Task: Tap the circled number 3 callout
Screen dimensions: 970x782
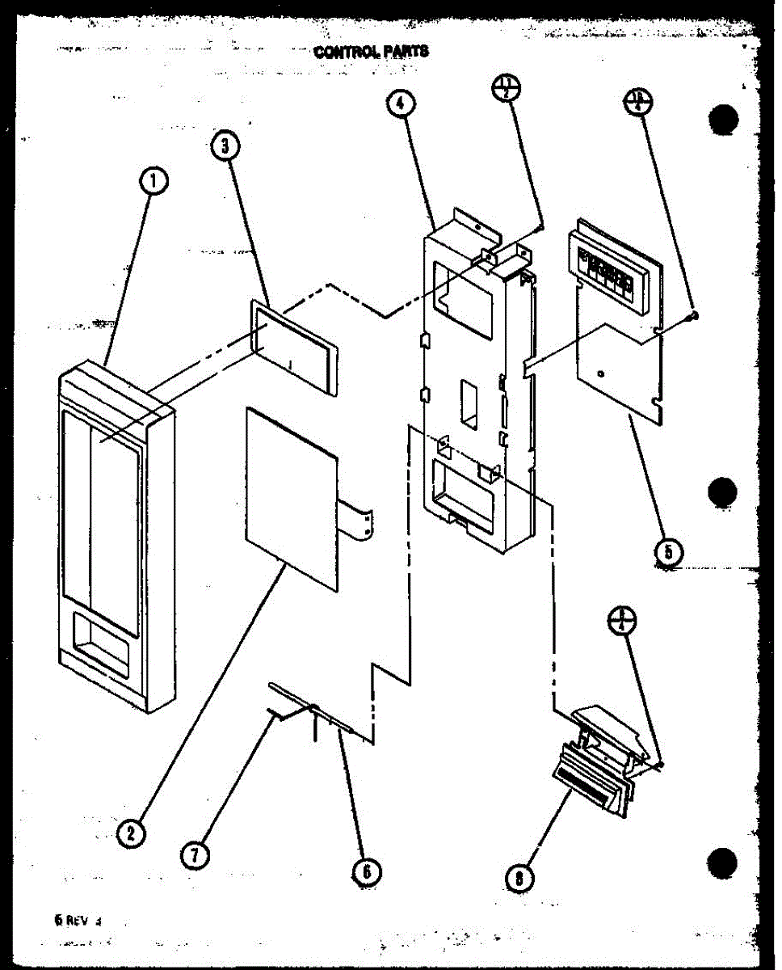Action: coord(226,146)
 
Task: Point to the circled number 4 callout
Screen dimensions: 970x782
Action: coord(402,104)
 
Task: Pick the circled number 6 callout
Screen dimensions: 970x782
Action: coord(366,871)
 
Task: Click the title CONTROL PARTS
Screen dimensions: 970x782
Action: coord(372,52)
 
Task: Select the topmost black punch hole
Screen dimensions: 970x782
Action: coord(723,120)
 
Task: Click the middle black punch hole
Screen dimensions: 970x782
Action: coord(723,491)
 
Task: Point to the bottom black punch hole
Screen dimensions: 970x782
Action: coord(723,863)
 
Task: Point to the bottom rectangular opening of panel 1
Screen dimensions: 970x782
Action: coord(101,646)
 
